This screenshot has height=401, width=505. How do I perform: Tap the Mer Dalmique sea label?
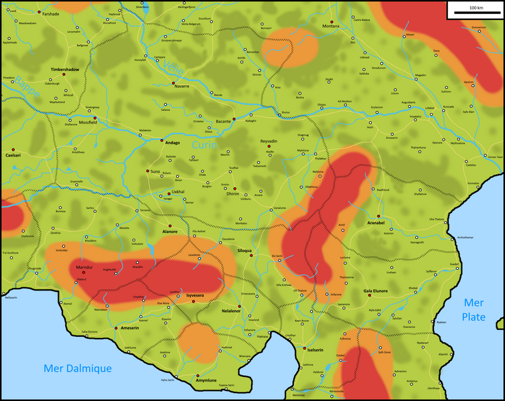click(x=78, y=368)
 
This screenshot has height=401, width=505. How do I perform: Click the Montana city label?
click(x=331, y=26)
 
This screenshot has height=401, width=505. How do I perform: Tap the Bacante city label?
click(x=223, y=121)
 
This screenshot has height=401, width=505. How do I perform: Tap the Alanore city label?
click(x=170, y=232)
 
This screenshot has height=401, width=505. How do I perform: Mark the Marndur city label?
click(x=84, y=267)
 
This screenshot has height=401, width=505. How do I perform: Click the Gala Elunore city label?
click(x=376, y=292)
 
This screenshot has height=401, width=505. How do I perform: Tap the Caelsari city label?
click(x=13, y=155)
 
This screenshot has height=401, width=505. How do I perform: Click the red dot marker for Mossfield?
click(x=96, y=118)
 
